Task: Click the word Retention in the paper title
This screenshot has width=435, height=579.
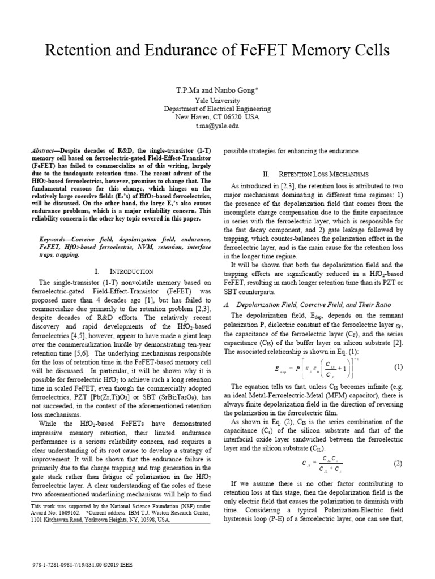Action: click(x=80, y=50)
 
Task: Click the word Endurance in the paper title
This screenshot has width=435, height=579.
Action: click(x=185, y=50)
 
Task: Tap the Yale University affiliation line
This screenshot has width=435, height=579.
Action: click(x=217, y=101)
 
